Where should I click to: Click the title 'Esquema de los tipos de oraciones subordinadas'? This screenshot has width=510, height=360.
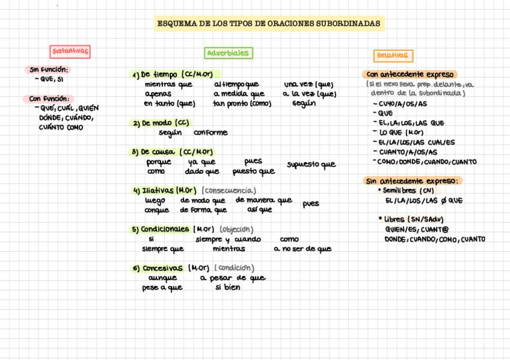(x=269, y=24)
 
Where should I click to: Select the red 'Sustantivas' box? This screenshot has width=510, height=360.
(x=70, y=52)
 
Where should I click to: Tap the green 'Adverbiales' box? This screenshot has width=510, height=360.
(x=228, y=53)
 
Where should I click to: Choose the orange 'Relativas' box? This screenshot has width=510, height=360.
(x=393, y=56)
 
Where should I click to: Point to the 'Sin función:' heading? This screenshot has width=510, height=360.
(x=49, y=70)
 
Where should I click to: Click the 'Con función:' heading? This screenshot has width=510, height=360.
(x=49, y=99)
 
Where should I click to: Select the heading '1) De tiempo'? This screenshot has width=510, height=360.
(x=155, y=75)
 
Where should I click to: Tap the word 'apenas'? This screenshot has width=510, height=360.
(x=158, y=94)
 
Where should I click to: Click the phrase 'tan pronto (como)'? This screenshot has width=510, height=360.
(x=242, y=103)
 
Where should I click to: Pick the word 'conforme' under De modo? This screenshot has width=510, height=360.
(x=210, y=133)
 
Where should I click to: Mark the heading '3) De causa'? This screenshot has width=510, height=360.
(x=155, y=152)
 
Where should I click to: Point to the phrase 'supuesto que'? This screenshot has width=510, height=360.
(x=311, y=165)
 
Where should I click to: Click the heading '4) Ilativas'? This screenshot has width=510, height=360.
(x=153, y=191)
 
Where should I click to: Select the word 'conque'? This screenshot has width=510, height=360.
(x=156, y=210)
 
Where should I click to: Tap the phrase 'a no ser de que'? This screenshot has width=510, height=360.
(x=302, y=249)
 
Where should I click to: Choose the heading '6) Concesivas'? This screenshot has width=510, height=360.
(x=158, y=268)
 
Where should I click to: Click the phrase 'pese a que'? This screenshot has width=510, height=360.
(x=162, y=288)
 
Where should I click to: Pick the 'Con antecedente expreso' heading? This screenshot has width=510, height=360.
(x=410, y=75)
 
